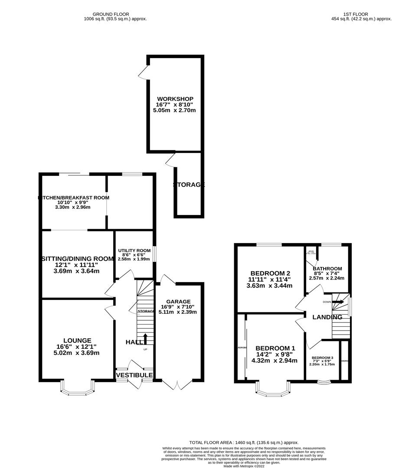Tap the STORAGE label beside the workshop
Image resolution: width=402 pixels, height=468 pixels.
pos(189,185)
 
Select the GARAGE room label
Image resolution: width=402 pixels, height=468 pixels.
pos(178,302)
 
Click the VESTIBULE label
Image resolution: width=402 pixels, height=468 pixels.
pos(134,375)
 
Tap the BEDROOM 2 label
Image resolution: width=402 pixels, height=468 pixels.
pos(269,273)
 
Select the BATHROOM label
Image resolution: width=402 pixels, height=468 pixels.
pos(327,269)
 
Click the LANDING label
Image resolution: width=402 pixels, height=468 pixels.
pos(327,317)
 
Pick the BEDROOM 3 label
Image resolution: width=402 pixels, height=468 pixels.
pos(322,357)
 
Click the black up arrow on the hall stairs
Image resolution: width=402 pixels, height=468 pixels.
pos(145,338)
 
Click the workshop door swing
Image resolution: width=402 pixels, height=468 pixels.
pos(143,73)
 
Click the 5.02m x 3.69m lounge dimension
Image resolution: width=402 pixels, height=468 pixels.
pos(76,353)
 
